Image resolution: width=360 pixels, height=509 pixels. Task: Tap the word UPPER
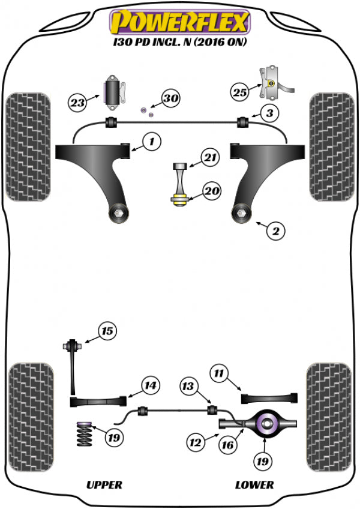tap(104, 484)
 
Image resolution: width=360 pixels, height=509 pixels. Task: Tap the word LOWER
tap(254, 484)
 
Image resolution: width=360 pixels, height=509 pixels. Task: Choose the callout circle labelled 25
tap(239, 91)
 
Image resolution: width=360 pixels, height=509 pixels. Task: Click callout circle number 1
tap(152, 142)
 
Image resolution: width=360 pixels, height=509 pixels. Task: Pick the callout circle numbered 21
tap(210, 158)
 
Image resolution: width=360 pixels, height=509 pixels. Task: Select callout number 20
tap(212, 191)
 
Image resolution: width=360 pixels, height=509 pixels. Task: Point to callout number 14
tap(149, 385)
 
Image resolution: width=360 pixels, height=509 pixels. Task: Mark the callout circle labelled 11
tap(218, 374)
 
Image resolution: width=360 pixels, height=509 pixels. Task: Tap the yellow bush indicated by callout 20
tap(179, 200)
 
